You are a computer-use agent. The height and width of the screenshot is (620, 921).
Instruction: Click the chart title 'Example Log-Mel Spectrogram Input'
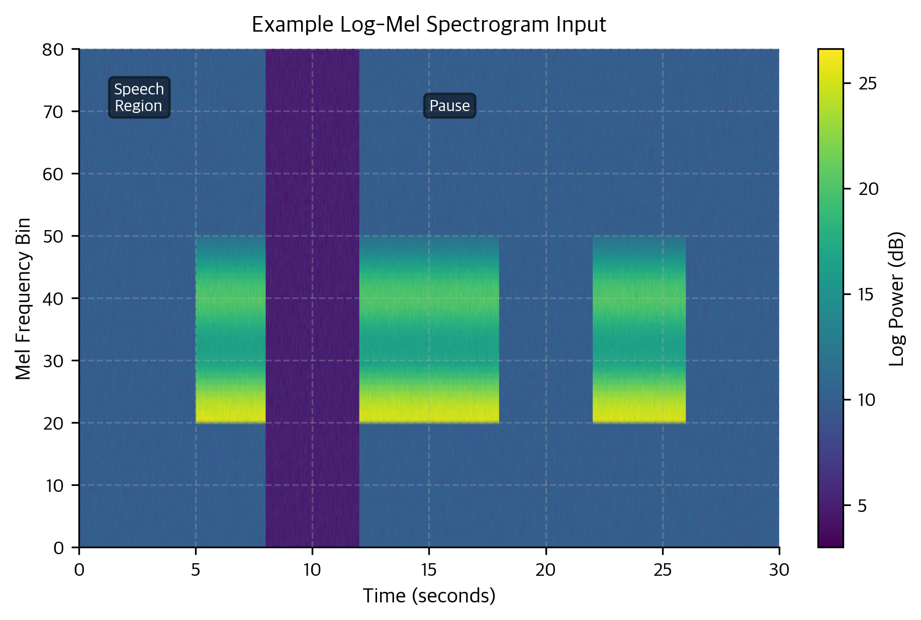[x=429, y=25]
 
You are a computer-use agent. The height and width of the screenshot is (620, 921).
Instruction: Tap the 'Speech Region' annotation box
[x=139, y=97]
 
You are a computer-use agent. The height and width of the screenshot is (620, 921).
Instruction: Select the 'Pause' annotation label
[x=449, y=106]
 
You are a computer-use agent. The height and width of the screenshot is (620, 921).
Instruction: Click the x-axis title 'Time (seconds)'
[x=429, y=596]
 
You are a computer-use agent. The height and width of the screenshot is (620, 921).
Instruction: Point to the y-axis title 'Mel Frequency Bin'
[x=24, y=298]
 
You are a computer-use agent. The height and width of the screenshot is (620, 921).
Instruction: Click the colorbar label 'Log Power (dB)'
[x=896, y=298]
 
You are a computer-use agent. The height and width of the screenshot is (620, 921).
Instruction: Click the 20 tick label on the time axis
[x=545, y=570]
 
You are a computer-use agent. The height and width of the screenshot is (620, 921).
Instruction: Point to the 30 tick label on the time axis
[x=779, y=570]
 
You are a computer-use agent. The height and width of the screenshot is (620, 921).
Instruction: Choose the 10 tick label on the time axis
[x=312, y=570]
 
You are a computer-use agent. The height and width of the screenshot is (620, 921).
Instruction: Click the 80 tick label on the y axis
[x=53, y=50]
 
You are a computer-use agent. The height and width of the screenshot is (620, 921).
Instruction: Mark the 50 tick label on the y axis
[x=53, y=236]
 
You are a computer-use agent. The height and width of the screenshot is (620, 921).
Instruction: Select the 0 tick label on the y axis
[x=59, y=548]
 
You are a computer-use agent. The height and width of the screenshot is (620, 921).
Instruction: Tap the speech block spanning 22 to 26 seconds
[x=639, y=330]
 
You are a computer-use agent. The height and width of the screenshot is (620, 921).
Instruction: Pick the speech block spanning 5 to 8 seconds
[x=230, y=330]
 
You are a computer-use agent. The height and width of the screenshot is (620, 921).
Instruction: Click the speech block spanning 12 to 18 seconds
[x=429, y=330]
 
